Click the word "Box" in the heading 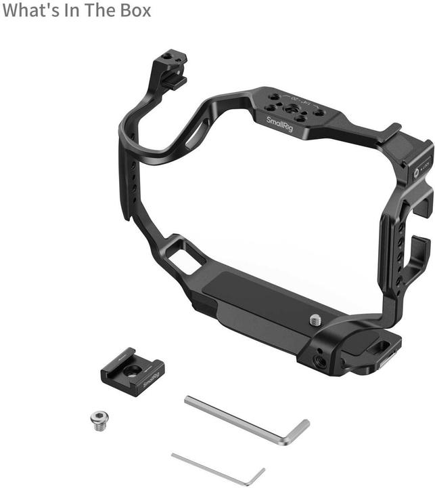[x=133, y=11]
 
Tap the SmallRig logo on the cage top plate [x=279, y=125]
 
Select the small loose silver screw [x=98, y=422]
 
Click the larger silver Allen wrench [x=244, y=420]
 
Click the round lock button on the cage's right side [x=416, y=173]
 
